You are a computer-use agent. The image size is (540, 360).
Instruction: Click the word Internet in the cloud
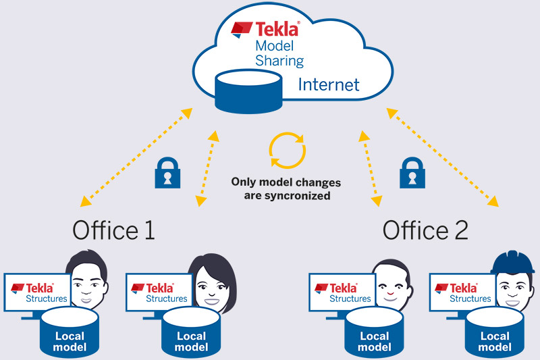point(329,85)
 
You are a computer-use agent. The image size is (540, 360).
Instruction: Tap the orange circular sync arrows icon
point(288,149)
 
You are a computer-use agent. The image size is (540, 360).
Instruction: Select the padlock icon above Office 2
point(410,172)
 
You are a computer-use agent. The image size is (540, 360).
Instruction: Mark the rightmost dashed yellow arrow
point(443,160)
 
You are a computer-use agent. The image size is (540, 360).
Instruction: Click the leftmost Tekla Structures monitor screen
point(38,292)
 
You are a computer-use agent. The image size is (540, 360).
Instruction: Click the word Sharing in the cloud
point(279,61)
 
